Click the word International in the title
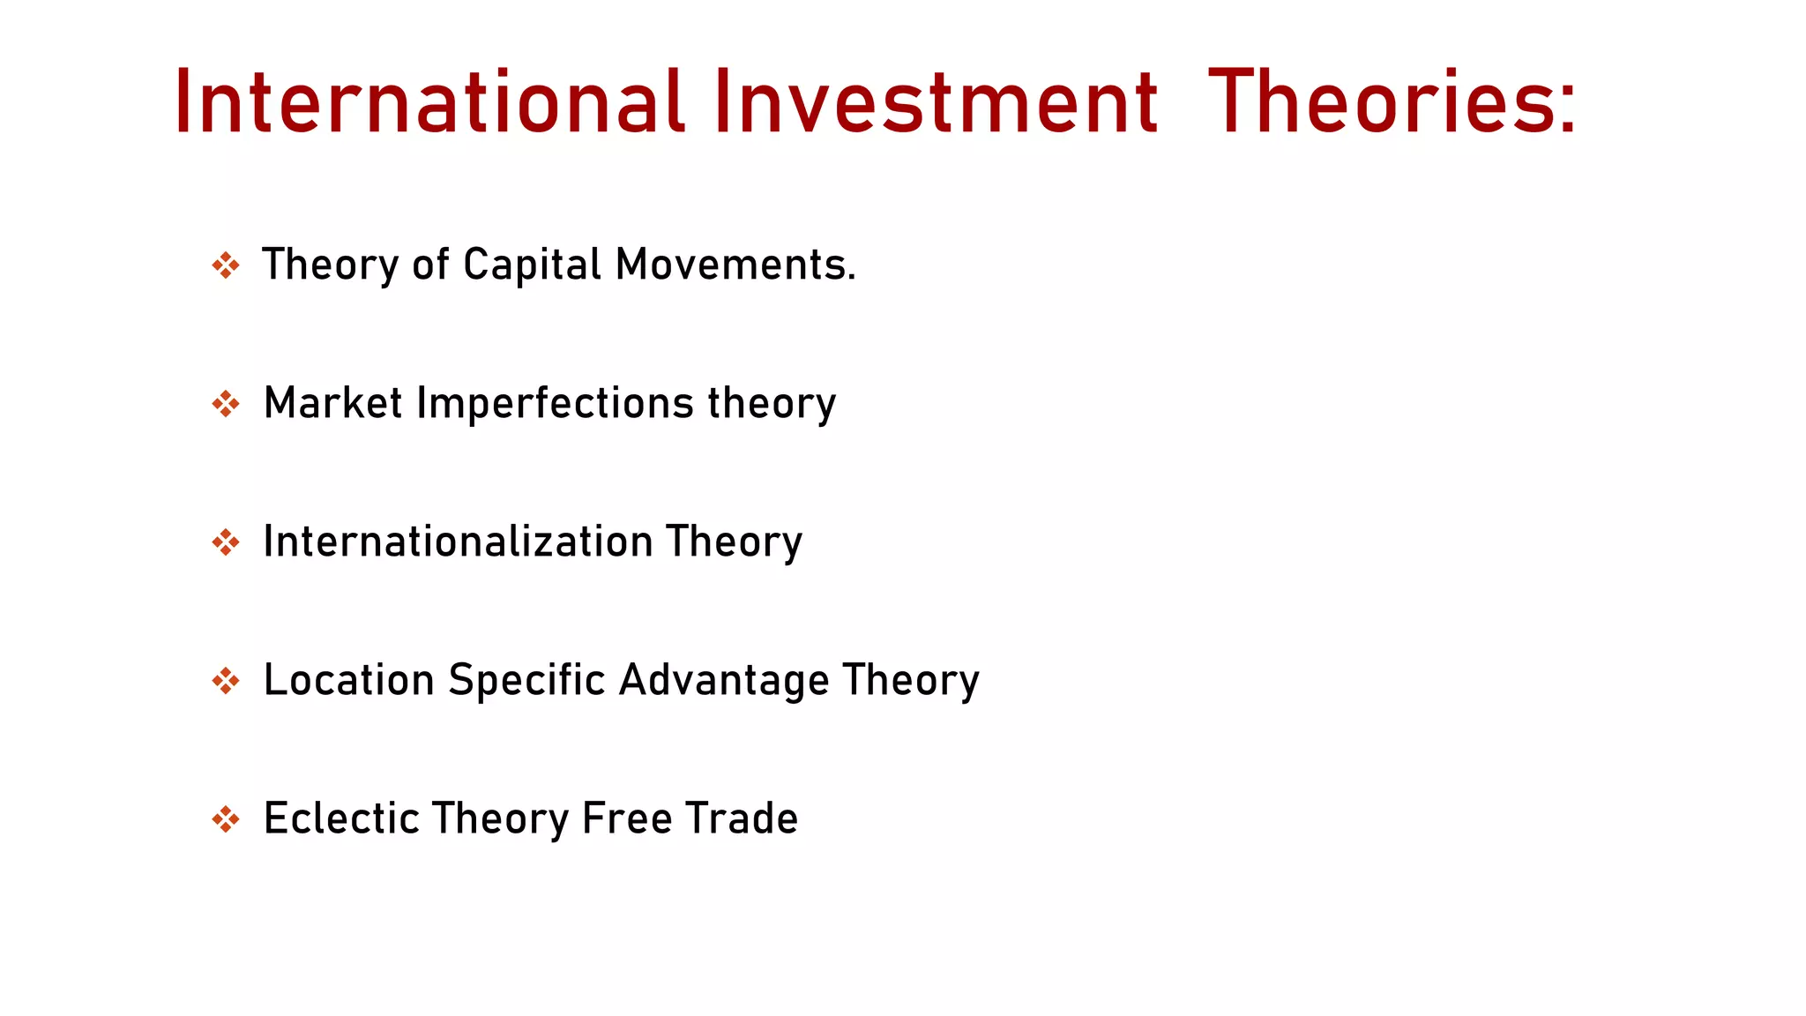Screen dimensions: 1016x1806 point(429,102)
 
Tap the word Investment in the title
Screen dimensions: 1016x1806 point(936,102)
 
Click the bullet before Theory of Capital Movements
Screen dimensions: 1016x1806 point(226,265)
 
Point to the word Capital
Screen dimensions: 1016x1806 point(533,265)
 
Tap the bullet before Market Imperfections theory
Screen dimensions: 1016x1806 point(226,404)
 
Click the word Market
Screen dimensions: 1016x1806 point(333,403)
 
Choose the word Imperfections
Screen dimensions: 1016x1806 point(556,403)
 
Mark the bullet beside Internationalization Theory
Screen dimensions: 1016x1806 point(226,542)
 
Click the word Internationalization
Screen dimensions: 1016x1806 point(459,542)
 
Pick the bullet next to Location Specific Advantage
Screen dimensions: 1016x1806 point(226,681)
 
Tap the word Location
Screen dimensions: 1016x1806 point(349,680)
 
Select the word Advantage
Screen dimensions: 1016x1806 point(724,680)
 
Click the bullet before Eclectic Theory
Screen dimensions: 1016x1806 point(226,819)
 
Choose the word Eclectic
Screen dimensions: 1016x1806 point(340,818)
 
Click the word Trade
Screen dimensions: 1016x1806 point(743,818)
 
